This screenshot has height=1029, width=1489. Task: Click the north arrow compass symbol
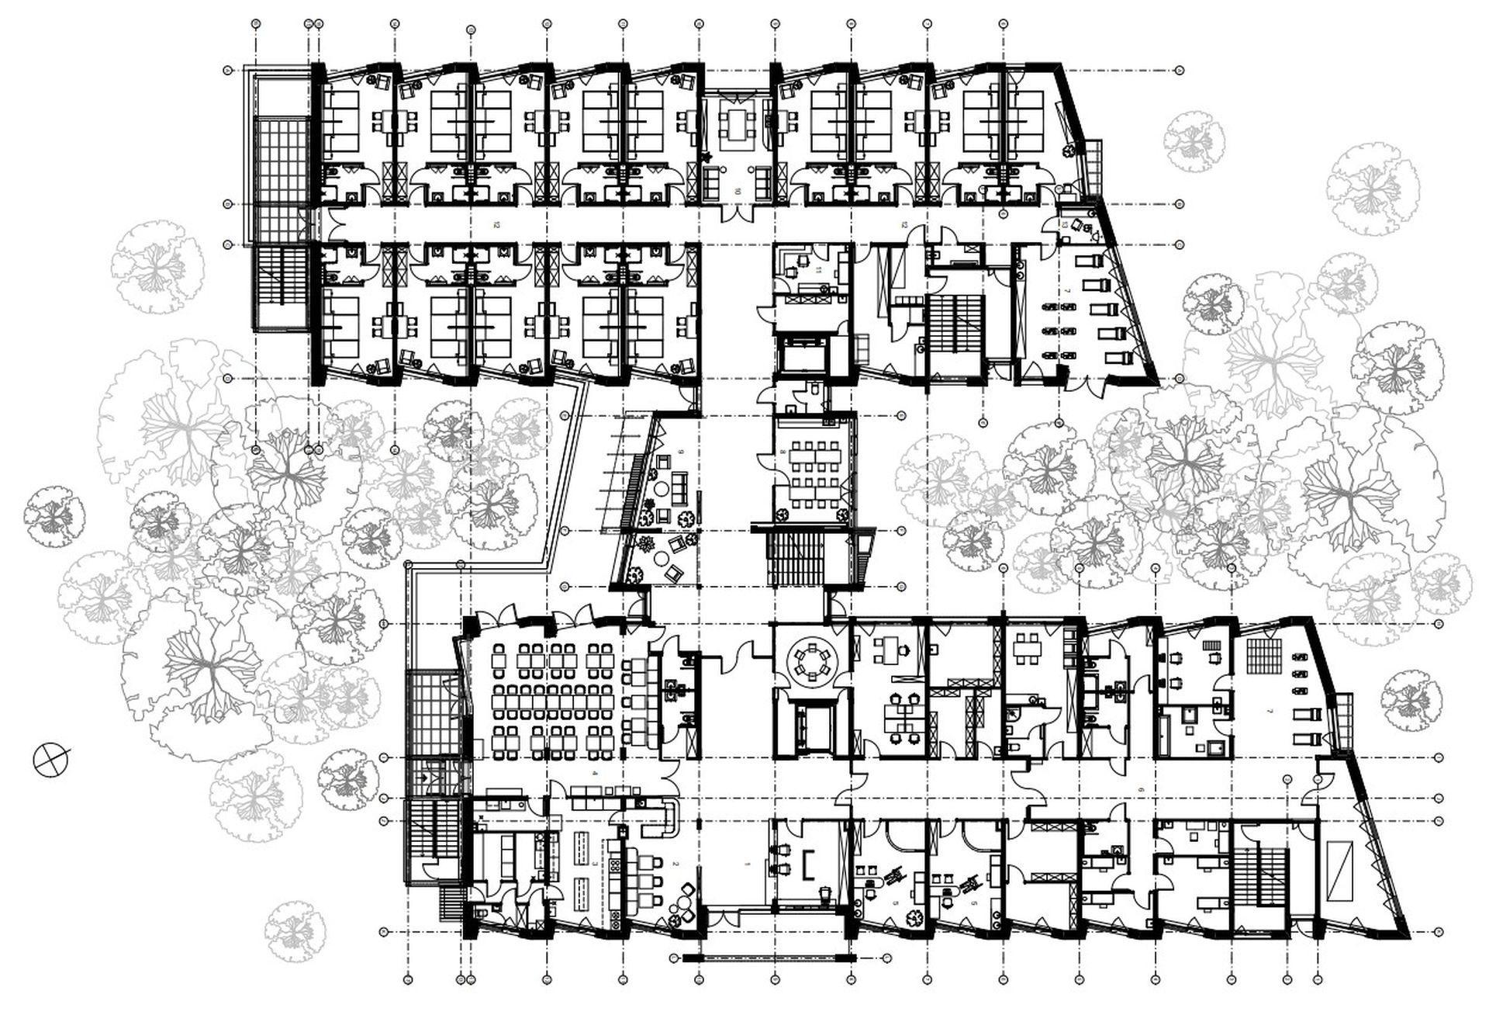click(x=51, y=759)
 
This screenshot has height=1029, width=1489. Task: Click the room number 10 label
click(x=738, y=191)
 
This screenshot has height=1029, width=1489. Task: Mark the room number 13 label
click(x=1065, y=224)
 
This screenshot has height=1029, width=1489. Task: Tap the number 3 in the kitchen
click(x=595, y=861)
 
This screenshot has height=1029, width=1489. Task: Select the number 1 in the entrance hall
click(x=746, y=863)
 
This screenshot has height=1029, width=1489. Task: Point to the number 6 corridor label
click(x=1140, y=789)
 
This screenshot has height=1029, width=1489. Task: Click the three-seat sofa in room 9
click(x=682, y=487)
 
